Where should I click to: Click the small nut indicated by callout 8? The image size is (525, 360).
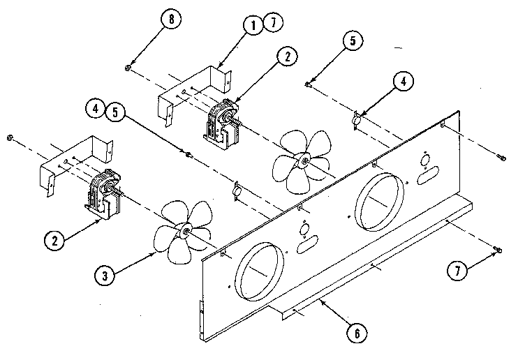point(128,67)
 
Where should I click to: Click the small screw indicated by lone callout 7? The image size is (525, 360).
point(496,250)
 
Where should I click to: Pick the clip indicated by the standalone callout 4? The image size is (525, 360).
point(357,121)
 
